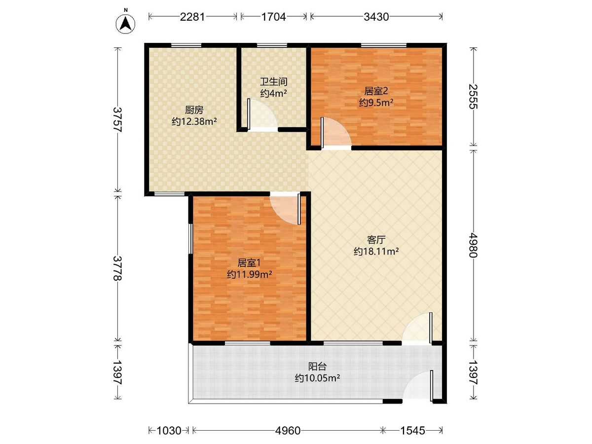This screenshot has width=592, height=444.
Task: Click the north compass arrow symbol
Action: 125,24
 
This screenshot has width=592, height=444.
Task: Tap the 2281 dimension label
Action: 192,17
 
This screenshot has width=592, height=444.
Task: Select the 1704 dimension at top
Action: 273,17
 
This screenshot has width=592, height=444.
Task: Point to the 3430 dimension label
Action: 376,17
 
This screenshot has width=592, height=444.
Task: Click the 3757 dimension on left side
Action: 117,120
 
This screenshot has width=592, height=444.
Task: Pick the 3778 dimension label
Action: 117,268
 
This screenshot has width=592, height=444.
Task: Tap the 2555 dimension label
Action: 473,97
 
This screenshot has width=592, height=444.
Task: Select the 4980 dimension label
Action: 473,245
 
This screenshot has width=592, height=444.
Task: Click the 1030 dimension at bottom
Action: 169,431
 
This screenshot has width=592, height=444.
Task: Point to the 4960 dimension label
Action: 288,431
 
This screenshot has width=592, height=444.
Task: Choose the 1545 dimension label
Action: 412,431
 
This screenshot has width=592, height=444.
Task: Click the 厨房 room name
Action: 194,110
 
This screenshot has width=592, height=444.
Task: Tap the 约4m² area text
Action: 273,93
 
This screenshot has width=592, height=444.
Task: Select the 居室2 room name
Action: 376,91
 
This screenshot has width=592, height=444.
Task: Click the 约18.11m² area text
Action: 376,252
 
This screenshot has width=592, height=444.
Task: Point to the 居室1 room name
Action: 249,262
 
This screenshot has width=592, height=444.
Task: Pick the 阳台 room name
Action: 317,367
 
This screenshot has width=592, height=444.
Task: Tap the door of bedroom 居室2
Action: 336,133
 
